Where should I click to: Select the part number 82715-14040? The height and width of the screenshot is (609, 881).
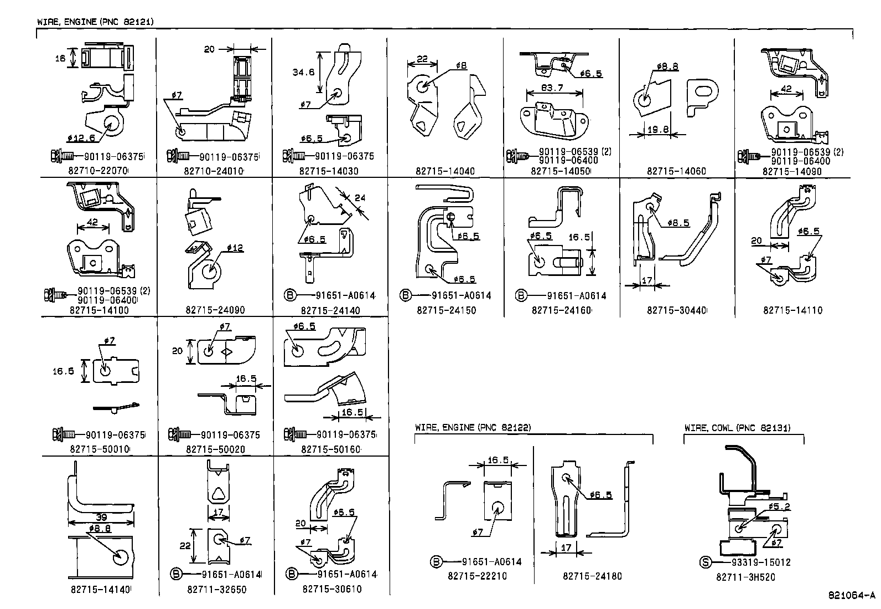coord(445,172)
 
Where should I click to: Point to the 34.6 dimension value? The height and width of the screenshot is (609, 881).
coord(303,72)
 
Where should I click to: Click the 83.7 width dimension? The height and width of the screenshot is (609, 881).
coord(552,88)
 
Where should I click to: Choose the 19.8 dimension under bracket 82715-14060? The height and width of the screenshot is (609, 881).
coord(657,130)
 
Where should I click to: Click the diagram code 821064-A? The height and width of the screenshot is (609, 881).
coord(852,596)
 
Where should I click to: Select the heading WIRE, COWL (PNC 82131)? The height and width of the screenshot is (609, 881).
coord(737,428)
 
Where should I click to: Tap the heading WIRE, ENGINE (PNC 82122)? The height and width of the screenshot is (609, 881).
coord(473,428)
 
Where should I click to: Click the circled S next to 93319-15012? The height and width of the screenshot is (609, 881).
coord(705,562)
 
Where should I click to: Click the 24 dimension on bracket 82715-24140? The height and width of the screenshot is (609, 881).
coord(360,198)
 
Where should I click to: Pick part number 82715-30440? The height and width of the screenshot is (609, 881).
coord(676,310)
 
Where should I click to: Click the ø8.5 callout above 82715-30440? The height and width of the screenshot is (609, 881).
coord(678,223)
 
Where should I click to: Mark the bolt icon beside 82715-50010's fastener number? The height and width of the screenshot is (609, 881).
coord(60,435)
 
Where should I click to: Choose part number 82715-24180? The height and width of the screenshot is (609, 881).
coord(592,576)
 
